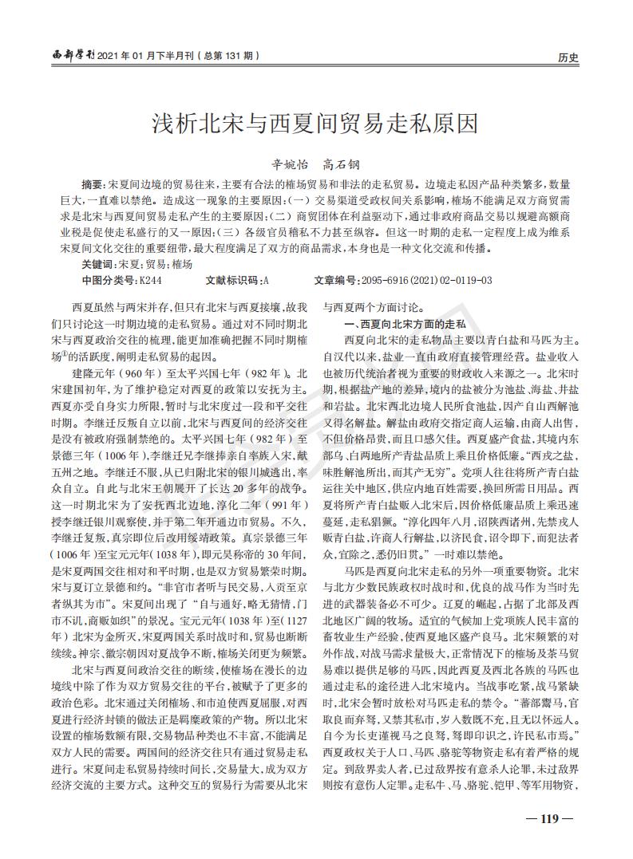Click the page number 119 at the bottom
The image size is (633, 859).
pos(552,818)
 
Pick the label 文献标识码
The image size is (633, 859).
pos(231,280)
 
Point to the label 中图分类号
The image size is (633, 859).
pos(109,280)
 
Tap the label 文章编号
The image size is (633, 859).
pos(337,280)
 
